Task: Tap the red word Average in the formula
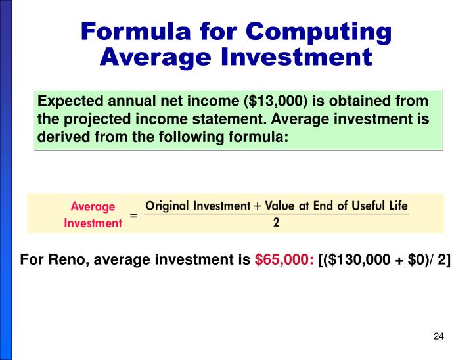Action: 93,207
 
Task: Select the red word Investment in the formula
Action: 93,223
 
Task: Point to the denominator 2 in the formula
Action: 277,223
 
